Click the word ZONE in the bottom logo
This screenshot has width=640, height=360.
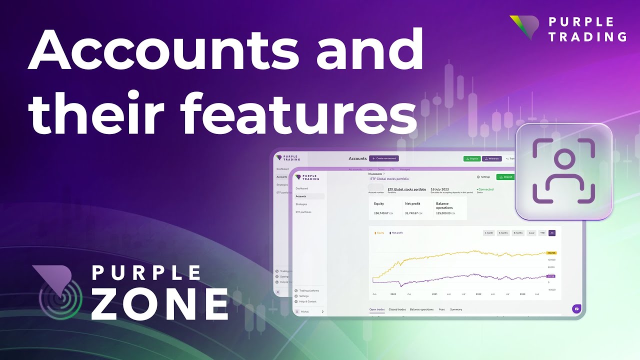(x=160, y=303)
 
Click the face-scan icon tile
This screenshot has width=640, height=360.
(x=563, y=171)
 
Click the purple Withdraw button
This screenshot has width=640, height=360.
(x=492, y=158)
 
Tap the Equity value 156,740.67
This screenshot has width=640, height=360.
(x=381, y=213)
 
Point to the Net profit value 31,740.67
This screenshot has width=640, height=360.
(x=412, y=213)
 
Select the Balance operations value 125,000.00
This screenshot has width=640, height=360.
(x=443, y=213)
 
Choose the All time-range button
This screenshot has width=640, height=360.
(x=551, y=233)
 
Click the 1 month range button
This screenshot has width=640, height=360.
(x=489, y=233)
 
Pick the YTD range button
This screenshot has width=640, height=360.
(x=542, y=233)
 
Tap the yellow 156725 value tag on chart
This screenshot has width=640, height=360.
(x=552, y=253)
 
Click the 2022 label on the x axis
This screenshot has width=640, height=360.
(x=478, y=294)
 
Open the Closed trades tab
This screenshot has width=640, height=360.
(x=397, y=309)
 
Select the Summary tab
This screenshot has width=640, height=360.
(x=455, y=309)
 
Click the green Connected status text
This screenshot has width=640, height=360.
(x=485, y=189)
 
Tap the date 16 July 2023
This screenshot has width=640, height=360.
(x=439, y=189)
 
